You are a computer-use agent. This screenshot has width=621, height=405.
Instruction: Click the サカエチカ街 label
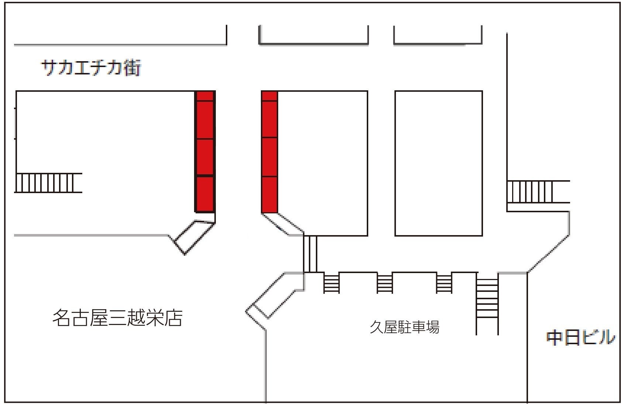(x=91, y=68)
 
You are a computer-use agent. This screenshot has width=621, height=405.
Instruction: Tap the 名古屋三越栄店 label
(x=117, y=318)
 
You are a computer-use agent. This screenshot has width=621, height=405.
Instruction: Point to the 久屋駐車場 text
(x=404, y=327)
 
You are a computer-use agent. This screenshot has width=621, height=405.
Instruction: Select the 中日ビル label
(x=580, y=338)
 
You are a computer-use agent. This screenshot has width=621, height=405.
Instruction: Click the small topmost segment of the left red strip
(x=205, y=96)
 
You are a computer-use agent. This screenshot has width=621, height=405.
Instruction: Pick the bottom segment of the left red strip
(x=205, y=194)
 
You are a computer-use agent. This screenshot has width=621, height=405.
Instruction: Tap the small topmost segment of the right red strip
(x=269, y=96)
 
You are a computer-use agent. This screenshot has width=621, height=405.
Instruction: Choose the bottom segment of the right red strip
(x=269, y=195)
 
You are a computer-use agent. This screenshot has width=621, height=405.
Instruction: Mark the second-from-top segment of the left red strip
(x=205, y=120)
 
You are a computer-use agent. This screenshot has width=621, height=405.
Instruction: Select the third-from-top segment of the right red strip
(x=269, y=157)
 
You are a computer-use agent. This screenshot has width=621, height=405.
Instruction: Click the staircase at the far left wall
(x=48, y=183)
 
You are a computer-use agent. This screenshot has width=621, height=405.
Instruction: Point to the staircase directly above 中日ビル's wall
(x=538, y=192)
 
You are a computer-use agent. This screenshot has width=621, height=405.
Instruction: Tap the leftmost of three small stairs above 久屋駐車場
(x=331, y=283)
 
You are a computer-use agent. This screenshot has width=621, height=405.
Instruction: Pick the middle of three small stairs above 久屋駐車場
(x=384, y=283)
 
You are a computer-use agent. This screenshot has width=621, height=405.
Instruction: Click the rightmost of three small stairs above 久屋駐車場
(x=444, y=283)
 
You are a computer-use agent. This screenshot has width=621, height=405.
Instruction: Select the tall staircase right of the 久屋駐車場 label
(x=487, y=303)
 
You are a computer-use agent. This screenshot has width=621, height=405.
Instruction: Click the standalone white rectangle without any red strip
(x=438, y=163)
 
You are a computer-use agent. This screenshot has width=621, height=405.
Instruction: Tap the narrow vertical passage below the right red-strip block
(x=310, y=254)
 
